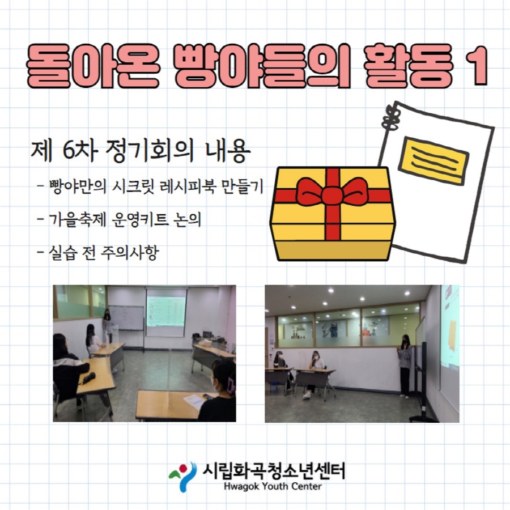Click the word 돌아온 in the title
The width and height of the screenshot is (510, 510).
pos(93,66)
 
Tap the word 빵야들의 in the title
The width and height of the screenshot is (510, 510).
pos(262,66)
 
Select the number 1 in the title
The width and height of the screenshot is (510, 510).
pos(477,66)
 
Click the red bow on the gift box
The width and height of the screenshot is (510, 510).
pos(333,192)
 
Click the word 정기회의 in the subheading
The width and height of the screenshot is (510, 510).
pos(150,151)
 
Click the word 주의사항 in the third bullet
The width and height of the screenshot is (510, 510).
pos(130,253)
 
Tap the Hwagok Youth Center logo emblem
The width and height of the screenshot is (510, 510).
pos(182,476)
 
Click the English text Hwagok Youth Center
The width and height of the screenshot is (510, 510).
pos(273,487)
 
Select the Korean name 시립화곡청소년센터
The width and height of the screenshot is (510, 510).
pos(274,471)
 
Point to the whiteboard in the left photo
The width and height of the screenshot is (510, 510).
pos(126,318)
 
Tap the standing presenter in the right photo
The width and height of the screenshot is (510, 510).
pos(405,365)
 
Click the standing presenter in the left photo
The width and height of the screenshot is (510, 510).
pos(107,326)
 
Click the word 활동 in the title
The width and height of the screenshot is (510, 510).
pos(409,66)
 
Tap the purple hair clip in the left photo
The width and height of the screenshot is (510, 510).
pos(231,386)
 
